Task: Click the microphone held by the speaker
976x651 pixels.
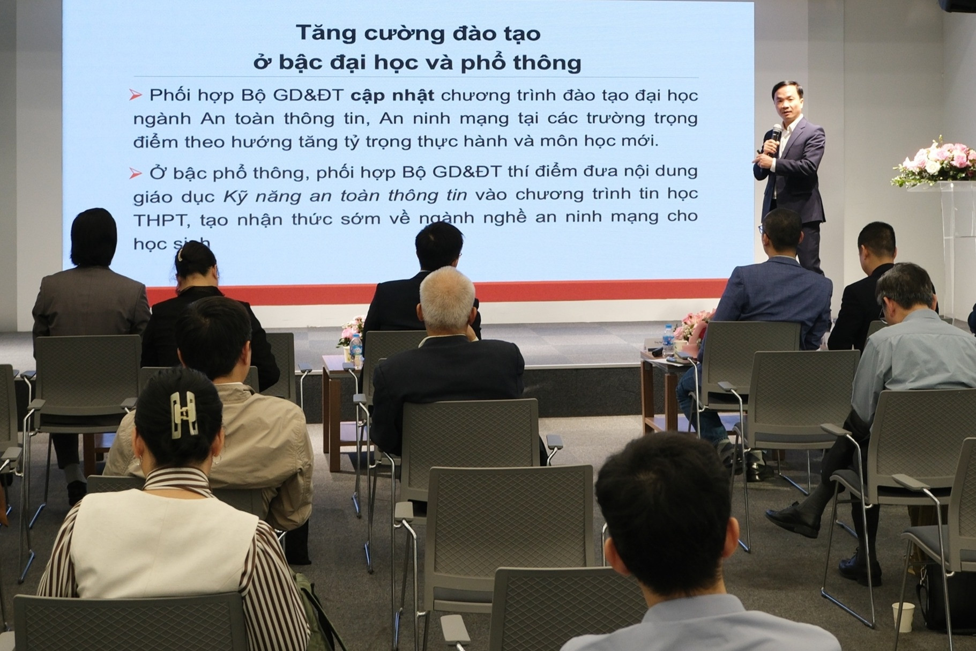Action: click(776, 135)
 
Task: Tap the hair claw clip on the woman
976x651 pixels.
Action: click(183, 415)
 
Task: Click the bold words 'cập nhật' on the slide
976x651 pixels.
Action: click(392, 95)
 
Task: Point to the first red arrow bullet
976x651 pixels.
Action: click(136, 95)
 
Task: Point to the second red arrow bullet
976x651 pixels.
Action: click(136, 173)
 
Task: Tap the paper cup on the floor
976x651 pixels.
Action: click(903, 617)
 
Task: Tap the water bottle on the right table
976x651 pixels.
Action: click(667, 340)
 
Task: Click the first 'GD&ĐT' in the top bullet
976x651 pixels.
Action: click(308, 95)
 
